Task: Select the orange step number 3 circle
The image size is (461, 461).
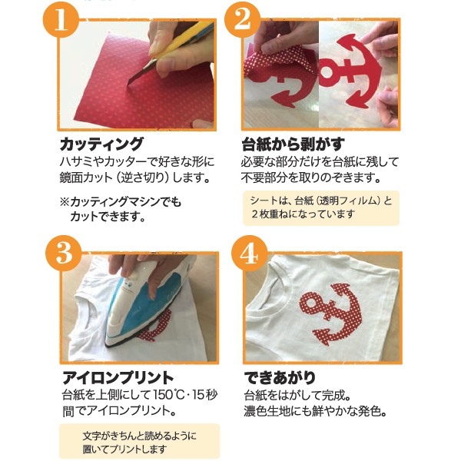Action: coord(64,254)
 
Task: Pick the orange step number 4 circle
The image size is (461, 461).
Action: coord(249,254)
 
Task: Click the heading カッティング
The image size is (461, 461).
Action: coord(101,144)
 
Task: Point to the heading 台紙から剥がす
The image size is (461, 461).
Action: coord(294,144)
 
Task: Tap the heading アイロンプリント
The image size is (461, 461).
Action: coord(118,378)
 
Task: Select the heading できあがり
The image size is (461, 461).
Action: coord(280,378)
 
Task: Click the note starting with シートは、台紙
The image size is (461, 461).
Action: coord(321,208)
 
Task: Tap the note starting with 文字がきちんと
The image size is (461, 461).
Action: coord(139,441)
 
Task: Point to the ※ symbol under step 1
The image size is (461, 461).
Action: coord(65,202)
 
